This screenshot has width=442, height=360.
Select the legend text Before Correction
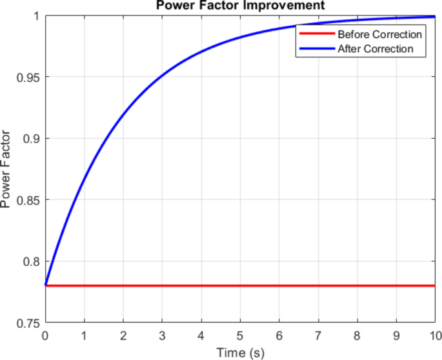379,34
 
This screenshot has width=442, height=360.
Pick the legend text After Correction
375,48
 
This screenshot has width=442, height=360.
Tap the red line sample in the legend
316,34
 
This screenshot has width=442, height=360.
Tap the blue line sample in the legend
316,48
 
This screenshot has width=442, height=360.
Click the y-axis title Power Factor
6,169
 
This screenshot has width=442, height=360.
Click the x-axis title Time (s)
240,352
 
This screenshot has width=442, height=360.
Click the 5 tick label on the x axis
240,335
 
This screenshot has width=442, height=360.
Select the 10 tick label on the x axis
436,335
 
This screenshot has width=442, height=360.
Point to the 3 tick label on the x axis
162,335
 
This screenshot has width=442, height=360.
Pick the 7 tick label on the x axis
318,335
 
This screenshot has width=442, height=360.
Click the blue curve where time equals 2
123,116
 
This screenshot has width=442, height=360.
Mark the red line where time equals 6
279,285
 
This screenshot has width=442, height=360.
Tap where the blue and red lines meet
45,285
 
